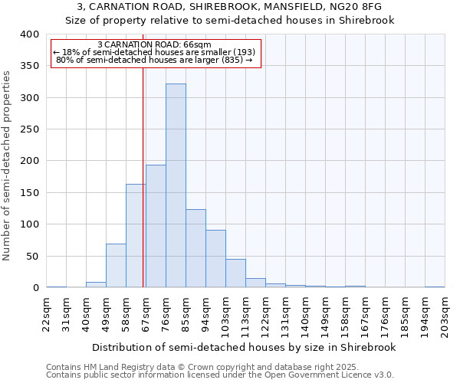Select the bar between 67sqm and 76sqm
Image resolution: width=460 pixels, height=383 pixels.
(156, 226)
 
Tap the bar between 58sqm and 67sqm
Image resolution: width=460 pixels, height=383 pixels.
(136, 236)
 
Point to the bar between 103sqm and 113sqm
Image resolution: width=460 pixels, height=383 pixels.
(235, 273)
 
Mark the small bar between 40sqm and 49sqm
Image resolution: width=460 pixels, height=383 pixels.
(96, 285)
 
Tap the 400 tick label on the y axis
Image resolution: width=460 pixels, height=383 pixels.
(29, 34)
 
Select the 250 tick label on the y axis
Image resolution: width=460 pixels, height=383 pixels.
(29, 129)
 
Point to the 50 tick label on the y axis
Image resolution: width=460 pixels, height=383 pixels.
(32, 256)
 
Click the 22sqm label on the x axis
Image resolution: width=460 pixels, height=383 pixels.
(47, 315)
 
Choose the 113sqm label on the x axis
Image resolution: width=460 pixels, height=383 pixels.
(246, 315)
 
